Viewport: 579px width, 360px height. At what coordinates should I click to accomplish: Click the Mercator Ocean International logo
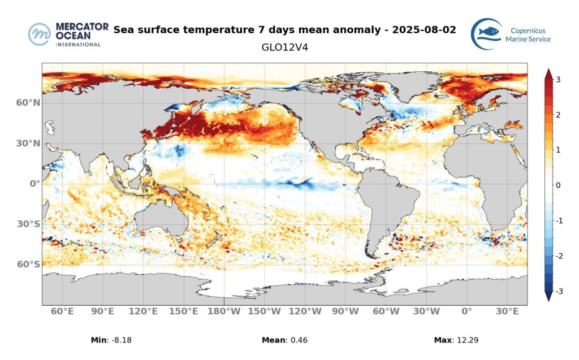pyautogui.click(x=65, y=34)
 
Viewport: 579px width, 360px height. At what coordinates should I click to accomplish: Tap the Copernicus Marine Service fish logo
pyautogui.click(x=487, y=34)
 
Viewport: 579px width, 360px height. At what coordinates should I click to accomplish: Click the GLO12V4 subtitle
pyautogui.click(x=284, y=47)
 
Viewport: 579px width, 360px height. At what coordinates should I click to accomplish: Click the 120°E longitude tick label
pyautogui.click(x=143, y=311)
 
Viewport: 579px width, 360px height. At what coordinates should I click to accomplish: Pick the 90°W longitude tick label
pyautogui.click(x=345, y=311)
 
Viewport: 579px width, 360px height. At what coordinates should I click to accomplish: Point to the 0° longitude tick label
pyautogui.click(x=466, y=311)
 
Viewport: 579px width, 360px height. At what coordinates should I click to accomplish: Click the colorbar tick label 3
pyautogui.click(x=558, y=80)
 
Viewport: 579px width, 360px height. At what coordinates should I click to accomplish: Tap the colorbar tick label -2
pyautogui.click(x=557, y=256)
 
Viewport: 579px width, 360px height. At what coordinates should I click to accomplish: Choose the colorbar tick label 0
pyautogui.click(x=558, y=185)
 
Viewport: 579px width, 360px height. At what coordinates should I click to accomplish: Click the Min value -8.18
pyautogui.click(x=121, y=340)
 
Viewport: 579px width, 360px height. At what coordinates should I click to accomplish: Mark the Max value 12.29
pyautogui.click(x=467, y=340)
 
